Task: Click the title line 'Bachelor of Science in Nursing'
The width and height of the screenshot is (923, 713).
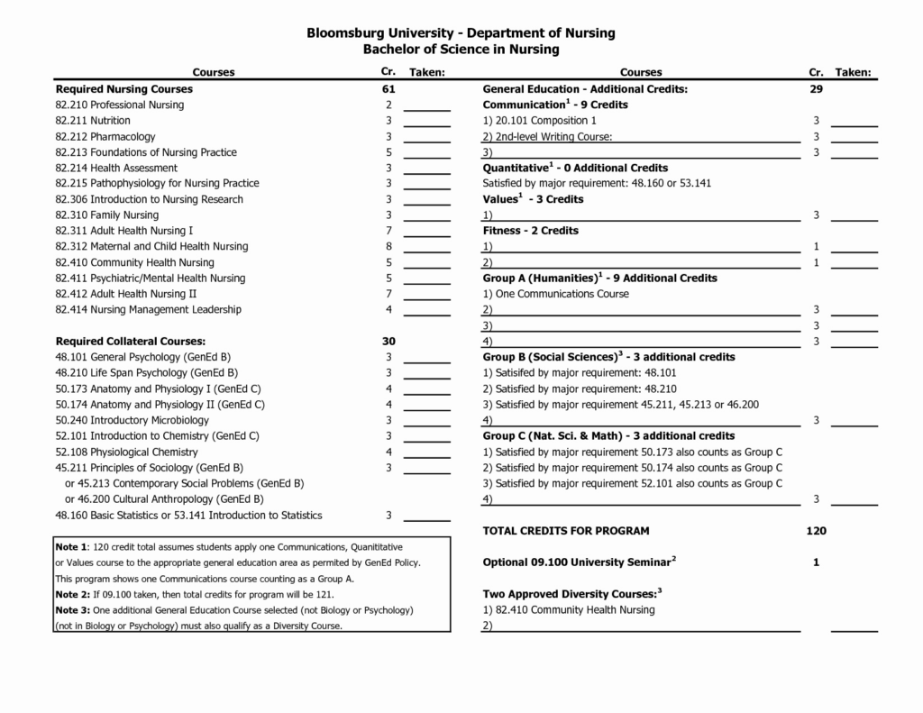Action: (461, 50)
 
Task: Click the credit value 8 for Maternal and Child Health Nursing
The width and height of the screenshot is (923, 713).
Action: (388, 246)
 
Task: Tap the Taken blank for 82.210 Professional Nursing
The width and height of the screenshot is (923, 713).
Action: (426, 106)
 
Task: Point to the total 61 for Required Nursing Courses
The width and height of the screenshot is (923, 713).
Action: (388, 89)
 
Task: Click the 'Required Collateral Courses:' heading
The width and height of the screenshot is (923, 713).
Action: (131, 342)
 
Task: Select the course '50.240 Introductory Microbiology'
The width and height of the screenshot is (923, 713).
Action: (132, 420)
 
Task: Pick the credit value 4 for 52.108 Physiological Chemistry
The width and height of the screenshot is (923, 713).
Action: (388, 452)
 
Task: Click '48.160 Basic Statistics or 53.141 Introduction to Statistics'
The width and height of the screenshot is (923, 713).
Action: (188, 516)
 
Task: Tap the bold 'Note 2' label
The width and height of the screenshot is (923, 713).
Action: (71, 595)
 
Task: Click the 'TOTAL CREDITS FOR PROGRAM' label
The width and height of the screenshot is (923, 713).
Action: (566, 531)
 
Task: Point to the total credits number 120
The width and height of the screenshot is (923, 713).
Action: (816, 531)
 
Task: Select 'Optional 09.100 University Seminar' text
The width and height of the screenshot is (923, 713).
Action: (577, 562)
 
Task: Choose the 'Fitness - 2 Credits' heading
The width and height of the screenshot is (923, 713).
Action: (531, 231)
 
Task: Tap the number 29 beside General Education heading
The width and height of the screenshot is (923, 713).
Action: (816, 89)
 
